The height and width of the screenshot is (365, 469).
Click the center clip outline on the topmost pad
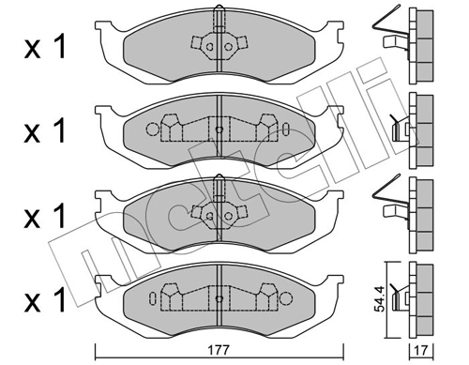218,44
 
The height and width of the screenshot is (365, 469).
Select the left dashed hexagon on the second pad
170,126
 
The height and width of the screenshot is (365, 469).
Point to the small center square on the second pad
218,130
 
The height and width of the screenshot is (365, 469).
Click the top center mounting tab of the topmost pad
218,15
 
